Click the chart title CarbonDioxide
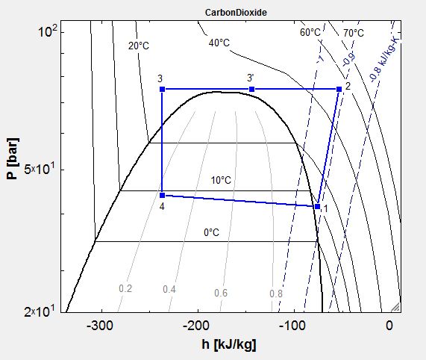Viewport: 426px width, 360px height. tap(236, 13)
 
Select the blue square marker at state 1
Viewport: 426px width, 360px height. tap(317, 207)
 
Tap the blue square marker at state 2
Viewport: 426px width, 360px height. tap(339, 89)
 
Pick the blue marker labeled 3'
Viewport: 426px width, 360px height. tap(252, 89)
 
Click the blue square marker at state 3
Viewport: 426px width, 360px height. tap(162, 89)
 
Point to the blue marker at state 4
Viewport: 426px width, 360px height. tap(162, 195)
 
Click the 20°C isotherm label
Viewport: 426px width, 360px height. tap(139, 46)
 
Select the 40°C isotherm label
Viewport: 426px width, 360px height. tap(219, 43)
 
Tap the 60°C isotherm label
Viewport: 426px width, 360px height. tap(310, 32)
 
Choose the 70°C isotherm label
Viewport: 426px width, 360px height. tap(354, 33)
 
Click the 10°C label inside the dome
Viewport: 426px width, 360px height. tap(221, 180)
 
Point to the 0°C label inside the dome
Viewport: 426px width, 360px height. tap(211, 233)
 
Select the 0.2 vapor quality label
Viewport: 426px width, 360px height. tap(125, 288)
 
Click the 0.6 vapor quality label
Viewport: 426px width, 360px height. tap(221, 293)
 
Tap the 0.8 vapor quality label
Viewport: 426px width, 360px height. tap(276, 294)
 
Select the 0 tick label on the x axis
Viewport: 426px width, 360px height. tap(389, 326)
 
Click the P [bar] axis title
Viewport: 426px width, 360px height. tap(13, 158)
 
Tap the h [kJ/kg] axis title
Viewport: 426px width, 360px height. tap(229, 345)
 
